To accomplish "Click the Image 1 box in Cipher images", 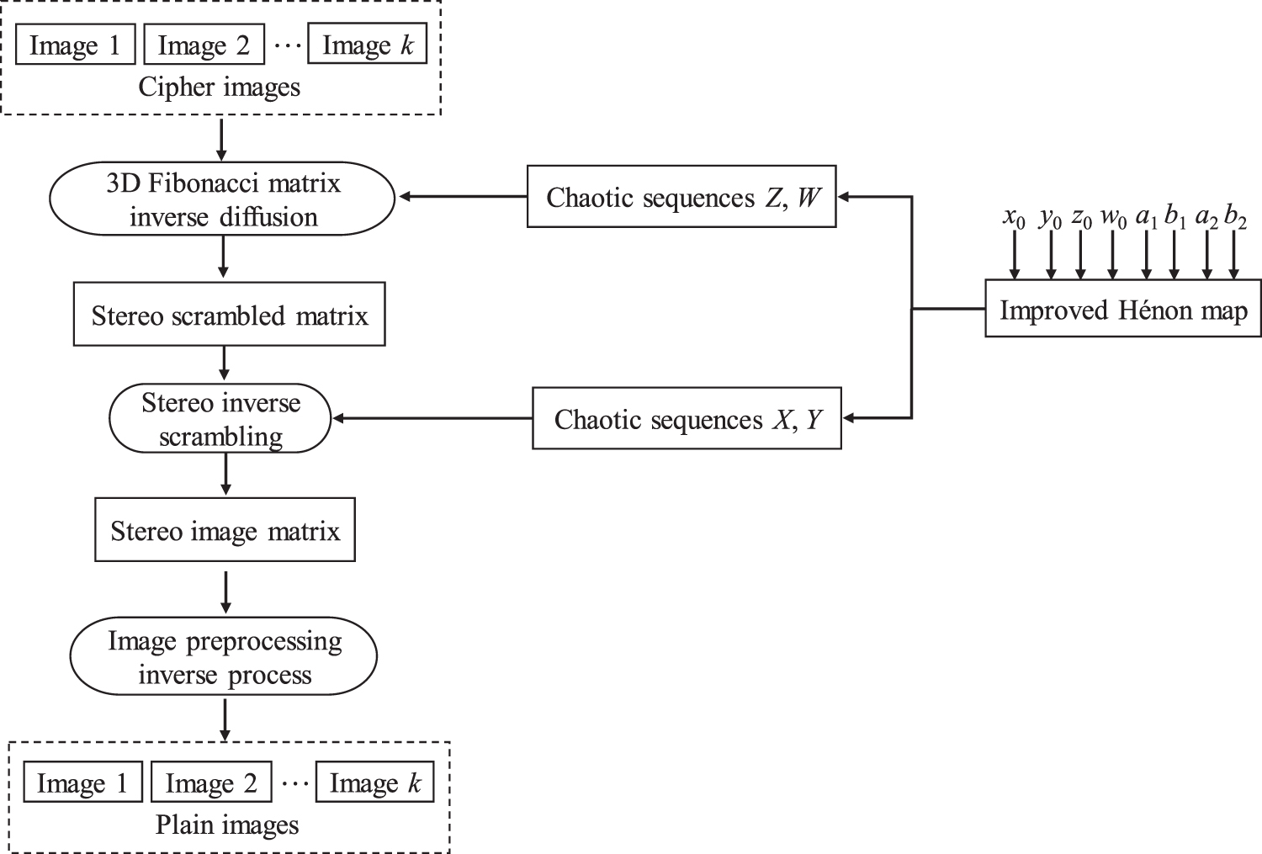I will tap(75, 45).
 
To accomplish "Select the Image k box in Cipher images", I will tap(368, 45).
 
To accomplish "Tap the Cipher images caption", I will tap(219, 88).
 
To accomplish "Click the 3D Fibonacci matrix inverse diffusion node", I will tap(223, 199).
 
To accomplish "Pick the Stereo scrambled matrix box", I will tap(229, 316).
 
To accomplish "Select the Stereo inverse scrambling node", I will tap(220, 419).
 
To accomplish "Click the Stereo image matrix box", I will tap(225, 531).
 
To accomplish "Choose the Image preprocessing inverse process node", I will tap(225, 657).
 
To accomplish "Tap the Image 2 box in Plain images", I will tap(211, 782).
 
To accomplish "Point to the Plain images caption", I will tap(227, 825).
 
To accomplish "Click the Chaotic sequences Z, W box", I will tap(681, 197).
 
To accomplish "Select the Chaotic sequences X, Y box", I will tap(687, 418).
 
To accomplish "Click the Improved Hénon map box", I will tap(1122, 310).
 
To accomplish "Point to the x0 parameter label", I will tap(1014, 218).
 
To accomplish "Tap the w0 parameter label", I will tap(1112, 218).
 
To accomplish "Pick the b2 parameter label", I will tap(1235, 218).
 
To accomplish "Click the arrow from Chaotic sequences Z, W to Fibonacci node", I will tap(463, 197).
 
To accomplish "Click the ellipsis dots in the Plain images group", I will tap(294, 783).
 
